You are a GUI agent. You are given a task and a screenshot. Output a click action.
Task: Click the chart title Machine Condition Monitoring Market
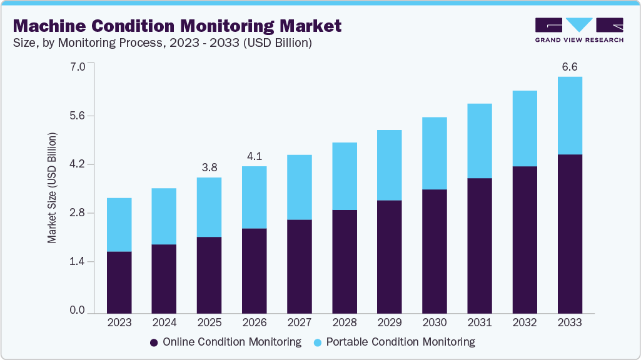(x=177, y=26)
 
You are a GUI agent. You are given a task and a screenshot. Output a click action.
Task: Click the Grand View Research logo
(x=578, y=29)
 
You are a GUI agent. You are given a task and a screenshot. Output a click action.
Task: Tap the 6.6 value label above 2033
(x=569, y=67)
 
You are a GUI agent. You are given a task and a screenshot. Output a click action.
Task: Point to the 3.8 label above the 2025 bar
(x=209, y=167)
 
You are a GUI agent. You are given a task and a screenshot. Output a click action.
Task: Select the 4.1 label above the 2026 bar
(x=254, y=156)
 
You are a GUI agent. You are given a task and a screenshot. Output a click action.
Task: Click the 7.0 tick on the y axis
(x=77, y=67)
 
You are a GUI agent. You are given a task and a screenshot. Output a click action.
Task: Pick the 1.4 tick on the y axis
(x=77, y=262)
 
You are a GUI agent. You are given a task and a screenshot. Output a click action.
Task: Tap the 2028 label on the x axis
(x=344, y=322)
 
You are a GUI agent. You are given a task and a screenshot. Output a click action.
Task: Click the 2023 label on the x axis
(x=119, y=322)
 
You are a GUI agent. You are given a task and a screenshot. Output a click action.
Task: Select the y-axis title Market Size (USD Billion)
(x=53, y=187)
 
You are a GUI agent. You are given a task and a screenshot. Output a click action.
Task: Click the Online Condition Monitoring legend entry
(x=226, y=342)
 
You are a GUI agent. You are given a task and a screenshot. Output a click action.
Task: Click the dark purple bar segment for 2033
(x=569, y=233)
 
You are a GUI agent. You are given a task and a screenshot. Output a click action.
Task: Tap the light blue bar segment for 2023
(x=119, y=224)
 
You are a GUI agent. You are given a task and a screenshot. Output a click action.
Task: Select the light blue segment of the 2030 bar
(x=434, y=153)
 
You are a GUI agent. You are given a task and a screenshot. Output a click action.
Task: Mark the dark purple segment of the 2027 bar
(x=299, y=266)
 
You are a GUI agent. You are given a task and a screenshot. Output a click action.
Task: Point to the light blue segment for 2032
(x=524, y=128)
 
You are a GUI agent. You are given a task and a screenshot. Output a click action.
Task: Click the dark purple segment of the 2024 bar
(x=164, y=278)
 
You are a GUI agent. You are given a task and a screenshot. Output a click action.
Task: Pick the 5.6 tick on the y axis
(x=77, y=116)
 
